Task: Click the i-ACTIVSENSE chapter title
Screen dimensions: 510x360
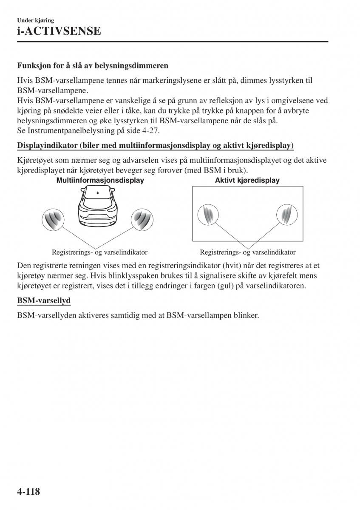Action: [x=59, y=31]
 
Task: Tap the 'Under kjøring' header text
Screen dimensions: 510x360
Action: [x=35, y=20]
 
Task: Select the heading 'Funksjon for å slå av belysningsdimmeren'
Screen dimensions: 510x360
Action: [x=93, y=66]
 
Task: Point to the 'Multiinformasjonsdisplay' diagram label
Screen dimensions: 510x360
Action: [x=100, y=180]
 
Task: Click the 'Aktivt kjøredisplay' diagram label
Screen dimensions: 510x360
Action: [x=247, y=180]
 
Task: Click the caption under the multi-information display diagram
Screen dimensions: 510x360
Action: [x=99, y=252]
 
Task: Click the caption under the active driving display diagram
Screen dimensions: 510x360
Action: [x=247, y=252]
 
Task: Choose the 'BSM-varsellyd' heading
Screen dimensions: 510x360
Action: [x=44, y=300]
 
